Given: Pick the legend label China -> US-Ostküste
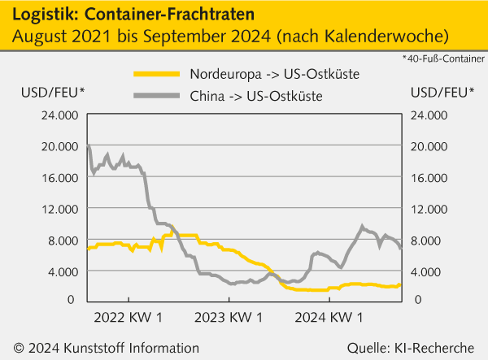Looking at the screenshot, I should (x=256, y=97).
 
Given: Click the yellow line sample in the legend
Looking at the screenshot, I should (x=155, y=75).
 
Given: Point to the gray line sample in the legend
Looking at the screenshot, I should (x=155, y=97).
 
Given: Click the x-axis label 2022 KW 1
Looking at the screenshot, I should (x=126, y=316).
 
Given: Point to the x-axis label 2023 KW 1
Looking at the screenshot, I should (x=229, y=316).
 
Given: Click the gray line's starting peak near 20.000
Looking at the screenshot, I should (x=88, y=146).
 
